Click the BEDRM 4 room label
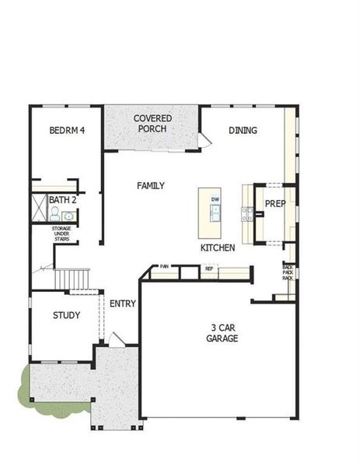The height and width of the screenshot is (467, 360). [x=66, y=130]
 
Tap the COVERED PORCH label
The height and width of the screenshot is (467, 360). [x=152, y=123]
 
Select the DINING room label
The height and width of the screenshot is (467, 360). [x=243, y=130]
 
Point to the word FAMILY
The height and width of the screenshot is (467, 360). [x=150, y=186]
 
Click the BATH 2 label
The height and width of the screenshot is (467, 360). [x=62, y=200]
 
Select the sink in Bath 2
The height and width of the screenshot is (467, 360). [x=68, y=216]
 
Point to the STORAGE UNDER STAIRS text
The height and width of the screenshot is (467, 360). [x=61, y=233]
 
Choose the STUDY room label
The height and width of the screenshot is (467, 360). [x=66, y=315]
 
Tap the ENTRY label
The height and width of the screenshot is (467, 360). [x=123, y=304]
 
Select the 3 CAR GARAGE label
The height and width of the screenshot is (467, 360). [x=222, y=333]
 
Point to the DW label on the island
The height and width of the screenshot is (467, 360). [x=215, y=200]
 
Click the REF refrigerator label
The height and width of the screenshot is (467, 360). [x=208, y=269]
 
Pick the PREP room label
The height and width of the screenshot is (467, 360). [x=275, y=204]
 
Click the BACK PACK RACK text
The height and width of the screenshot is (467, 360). [x=288, y=272]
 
